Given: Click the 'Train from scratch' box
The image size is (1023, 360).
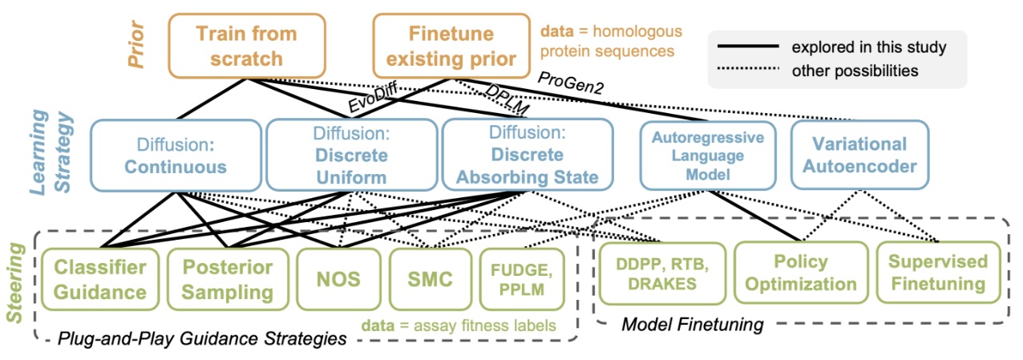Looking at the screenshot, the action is (x=247, y=46).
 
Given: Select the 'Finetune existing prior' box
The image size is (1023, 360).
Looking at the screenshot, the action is (x=451, y=46).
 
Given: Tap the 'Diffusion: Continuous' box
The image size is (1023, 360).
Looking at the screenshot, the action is (x=176, y=156).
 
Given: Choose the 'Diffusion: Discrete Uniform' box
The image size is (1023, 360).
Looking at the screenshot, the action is (x=352, y=155).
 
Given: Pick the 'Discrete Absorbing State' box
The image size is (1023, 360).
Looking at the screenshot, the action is (x=528, y=155).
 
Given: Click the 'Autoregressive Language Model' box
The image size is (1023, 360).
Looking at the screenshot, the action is (x=708, y=156).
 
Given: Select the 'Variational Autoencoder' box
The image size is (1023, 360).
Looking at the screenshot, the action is (x=859, y=155).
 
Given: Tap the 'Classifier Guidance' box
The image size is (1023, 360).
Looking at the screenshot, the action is (x=100, y=279).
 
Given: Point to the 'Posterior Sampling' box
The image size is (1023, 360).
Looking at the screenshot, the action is (x=228, y=279).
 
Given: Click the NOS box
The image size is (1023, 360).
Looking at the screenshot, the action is (x=338, y=279).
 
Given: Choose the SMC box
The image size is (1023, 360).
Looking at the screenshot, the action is (x=431, y=279).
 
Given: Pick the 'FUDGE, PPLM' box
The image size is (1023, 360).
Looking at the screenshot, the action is (x=522, y=279).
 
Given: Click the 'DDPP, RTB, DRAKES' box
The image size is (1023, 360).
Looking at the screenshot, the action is (x=662, y=273).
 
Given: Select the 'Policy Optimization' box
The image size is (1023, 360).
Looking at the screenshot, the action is (x=801, y=273).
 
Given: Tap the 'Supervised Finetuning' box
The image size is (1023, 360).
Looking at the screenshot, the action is (x=939, y=273).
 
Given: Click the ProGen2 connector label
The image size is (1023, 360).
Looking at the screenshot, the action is (x=571, y=83).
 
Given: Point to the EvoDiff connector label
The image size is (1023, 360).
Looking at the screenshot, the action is (x=372, y=97).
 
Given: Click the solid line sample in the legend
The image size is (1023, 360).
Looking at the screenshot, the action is (x=748, y=47).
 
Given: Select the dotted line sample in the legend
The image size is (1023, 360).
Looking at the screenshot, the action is (x=748, y=69).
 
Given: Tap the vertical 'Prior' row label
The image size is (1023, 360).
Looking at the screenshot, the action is (x=136, y=44).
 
